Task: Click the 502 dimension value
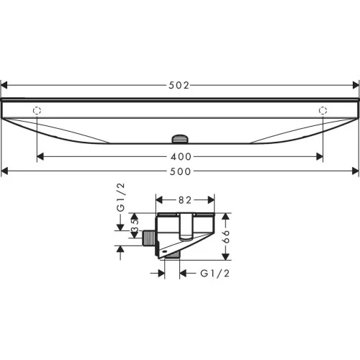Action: (x=179, y=85)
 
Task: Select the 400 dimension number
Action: (x=181, y=157)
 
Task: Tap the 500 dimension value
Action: (x=180, y=171)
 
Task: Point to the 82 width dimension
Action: (x=185, y=200)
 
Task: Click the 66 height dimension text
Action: (x=226, y=237)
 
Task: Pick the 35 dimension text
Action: (x=135, y=225)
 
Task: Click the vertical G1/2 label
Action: (x=121, y=197)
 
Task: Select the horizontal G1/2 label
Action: (x=215, y=274)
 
